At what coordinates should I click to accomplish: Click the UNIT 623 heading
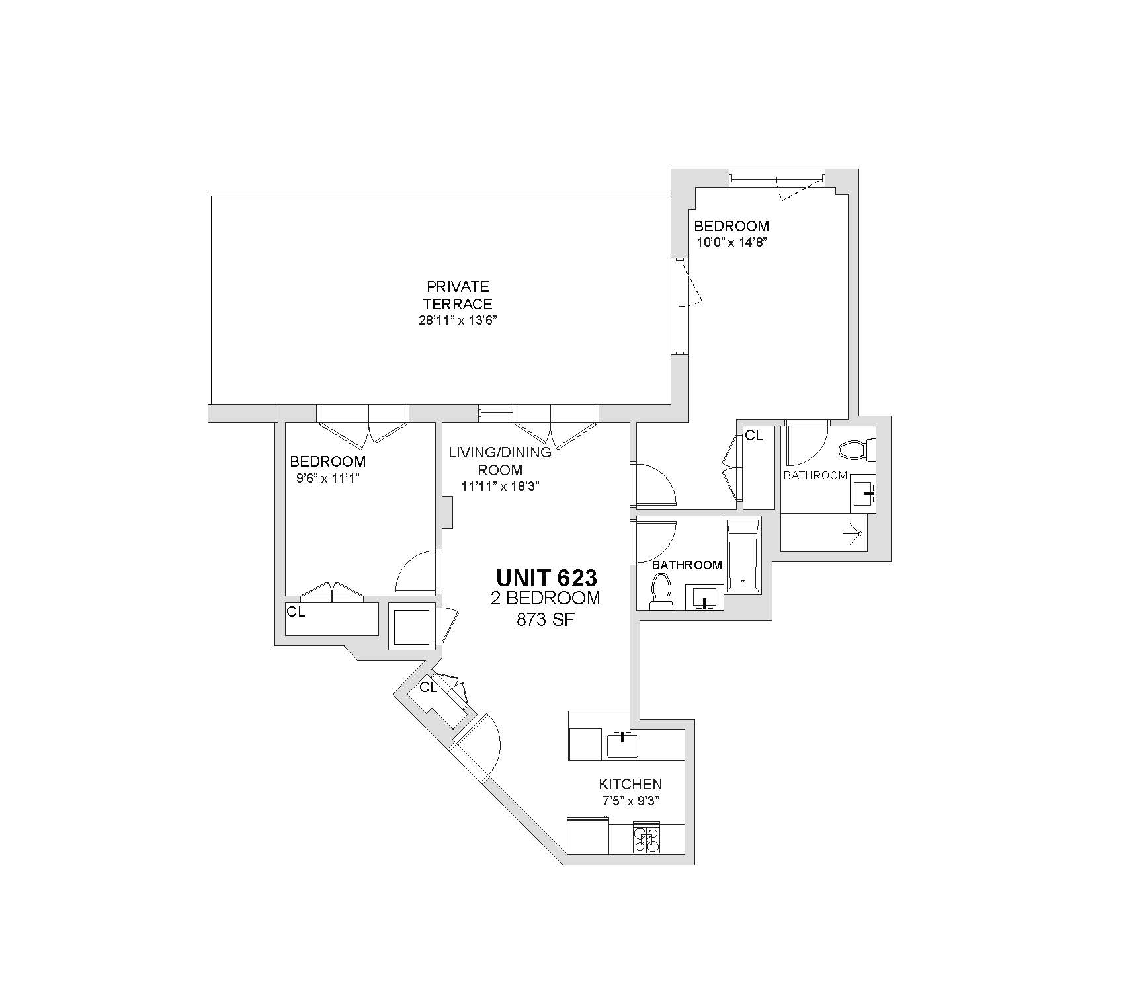(x=546, y=578)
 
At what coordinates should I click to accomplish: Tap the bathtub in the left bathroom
(x=743, y=556)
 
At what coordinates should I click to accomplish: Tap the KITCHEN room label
(x=630, y=784)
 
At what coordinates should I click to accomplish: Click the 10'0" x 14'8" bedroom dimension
(x=731, y=242)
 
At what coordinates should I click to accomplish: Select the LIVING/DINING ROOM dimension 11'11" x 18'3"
(x=500, y=487)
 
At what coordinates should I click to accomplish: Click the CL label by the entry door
(x=429, y=688)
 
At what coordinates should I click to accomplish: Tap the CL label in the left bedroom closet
(x=296, y=612)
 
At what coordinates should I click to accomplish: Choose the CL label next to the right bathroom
(x=754, y=435)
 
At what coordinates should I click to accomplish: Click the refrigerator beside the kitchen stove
(x=588, y=836)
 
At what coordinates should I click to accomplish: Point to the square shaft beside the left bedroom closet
(x=411, y=626)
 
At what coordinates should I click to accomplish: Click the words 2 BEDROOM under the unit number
(x=546, y=598)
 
